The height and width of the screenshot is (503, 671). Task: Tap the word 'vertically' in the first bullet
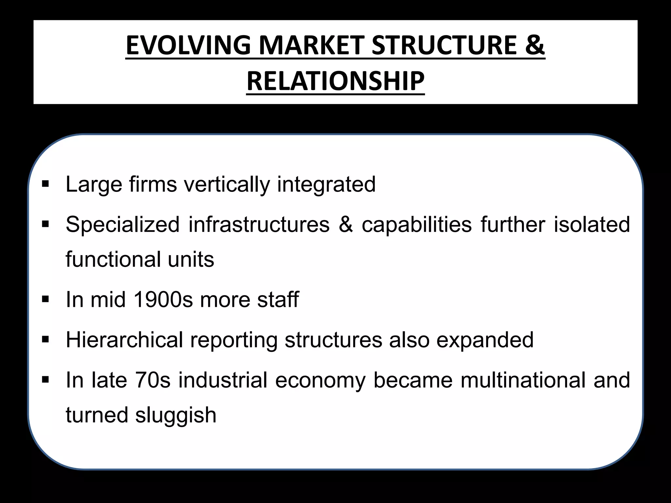(227, 184)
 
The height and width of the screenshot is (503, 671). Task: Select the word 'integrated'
(326, 184)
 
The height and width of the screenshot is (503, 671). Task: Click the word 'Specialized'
(123, 225)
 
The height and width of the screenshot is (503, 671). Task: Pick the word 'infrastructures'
(259, 225)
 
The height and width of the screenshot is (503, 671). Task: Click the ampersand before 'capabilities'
(346, 225)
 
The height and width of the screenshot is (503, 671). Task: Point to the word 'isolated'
(592, 225)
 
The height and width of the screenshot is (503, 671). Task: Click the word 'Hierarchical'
(124, 340)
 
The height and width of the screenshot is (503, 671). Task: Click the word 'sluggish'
(176, 415)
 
